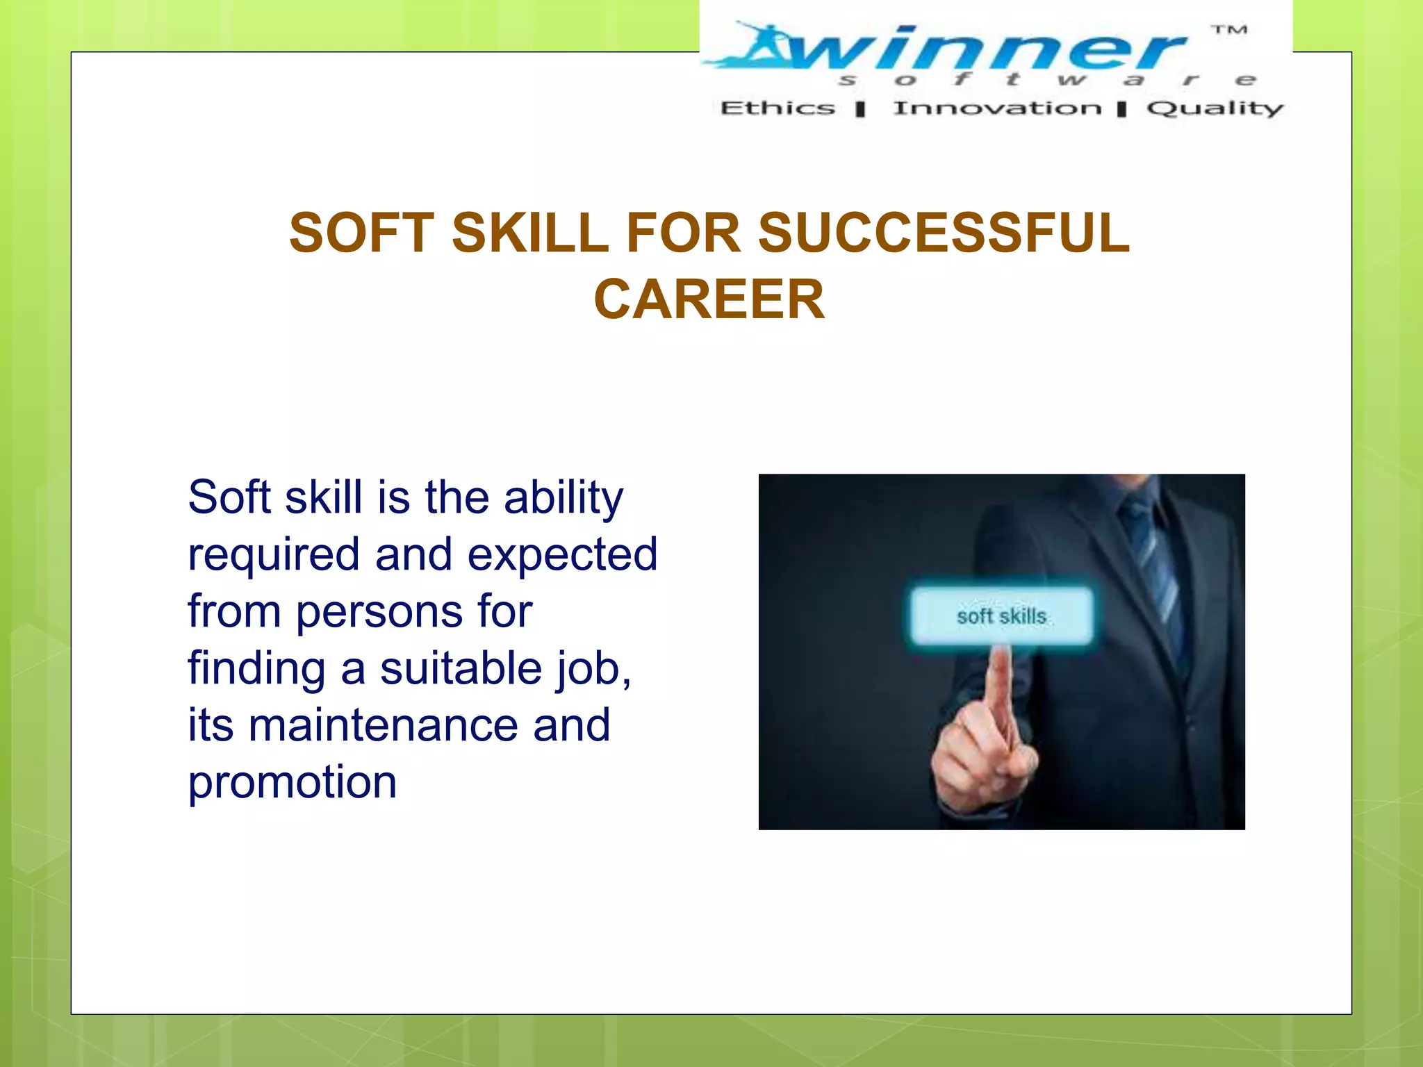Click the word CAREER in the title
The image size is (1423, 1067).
[709, 299]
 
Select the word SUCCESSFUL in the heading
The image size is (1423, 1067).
[944, 233]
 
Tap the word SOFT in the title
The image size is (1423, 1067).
[361, 233]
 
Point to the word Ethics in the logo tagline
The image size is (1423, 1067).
[778, 108]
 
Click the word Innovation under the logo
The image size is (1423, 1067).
[997, 108]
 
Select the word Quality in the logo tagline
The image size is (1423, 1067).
[1215, 108]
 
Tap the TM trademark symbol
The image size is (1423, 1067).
[1229, 30]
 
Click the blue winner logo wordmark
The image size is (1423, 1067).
[973, 49]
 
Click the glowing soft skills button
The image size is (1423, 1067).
[1001, 616]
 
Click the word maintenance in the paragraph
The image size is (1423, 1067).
[384, 725]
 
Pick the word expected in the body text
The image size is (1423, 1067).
[562, 554]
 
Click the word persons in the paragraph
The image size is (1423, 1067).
[380, 613]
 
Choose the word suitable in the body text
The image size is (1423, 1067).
[461, 668]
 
